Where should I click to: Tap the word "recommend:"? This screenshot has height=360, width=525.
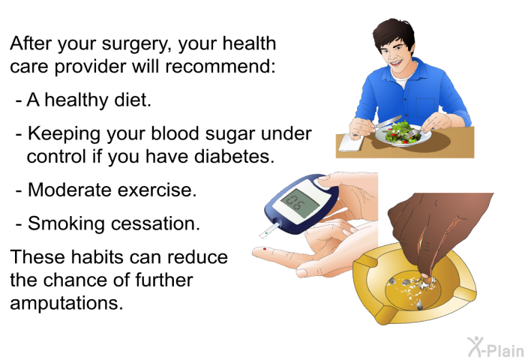click(x=220, y=66)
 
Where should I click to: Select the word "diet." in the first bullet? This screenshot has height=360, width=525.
click(x=133, y=100)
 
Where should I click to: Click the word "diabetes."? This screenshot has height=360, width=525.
click(x=234, y=156)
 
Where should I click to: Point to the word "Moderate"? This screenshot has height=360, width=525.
click(x=70, y=190)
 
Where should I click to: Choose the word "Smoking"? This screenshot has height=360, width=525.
click(x=66, y=223)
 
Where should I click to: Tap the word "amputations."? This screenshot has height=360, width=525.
click(x=67, y=304)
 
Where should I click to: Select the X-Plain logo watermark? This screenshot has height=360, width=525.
click(x=496, y=347)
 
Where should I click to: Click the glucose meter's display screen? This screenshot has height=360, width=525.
click(x=299, y=201)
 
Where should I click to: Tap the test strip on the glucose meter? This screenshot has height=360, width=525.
click(x=268, y=231)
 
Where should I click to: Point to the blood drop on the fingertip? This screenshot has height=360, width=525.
click(x=265, y=249)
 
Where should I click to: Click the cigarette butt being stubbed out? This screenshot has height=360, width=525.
click(x=425, y=280)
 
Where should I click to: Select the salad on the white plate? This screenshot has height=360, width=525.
click(x=402, y=132)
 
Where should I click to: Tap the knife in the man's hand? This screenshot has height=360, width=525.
click(x=388, y=121)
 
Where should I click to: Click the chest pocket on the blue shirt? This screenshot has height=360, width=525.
click(x=425, y=108)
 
